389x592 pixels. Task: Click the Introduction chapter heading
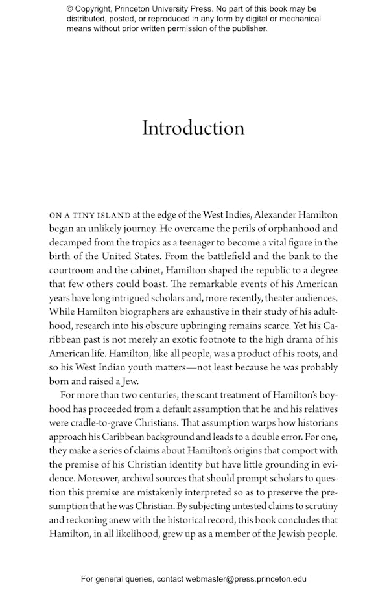point(193,128)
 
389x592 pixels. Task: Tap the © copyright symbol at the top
point(70,9)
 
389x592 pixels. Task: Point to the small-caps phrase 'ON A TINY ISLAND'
point(90,215)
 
